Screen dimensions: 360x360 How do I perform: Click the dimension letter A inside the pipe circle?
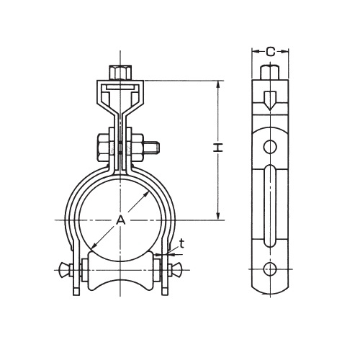click(121, 220)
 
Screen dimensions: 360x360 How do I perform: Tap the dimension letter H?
click(218, 148)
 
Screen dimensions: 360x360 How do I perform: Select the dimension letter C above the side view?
click(271, 52)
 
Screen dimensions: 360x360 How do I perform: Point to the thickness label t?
click(181, 244)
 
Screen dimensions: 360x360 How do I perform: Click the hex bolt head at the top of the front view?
click(120, 72)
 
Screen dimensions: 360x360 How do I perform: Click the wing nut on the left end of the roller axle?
click(63, 270)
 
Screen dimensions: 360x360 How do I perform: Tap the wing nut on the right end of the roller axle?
click(177, 270)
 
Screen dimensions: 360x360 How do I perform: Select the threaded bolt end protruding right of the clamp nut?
click(152, 148)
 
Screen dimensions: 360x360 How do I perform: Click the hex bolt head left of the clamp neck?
click(103, 148)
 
